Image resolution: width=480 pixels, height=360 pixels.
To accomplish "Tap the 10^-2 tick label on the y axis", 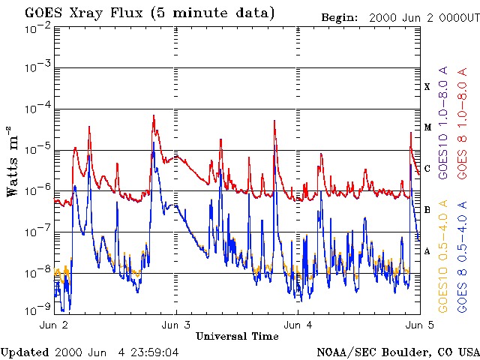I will click(37, 27).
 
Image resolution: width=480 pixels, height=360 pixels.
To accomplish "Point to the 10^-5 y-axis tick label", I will click(37, 150).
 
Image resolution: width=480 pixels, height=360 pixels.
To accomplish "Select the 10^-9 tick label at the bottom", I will click(37, 307).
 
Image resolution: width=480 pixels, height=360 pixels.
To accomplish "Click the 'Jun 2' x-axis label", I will click(55, 325).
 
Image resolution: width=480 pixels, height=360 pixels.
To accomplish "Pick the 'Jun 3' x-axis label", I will click(176, 325).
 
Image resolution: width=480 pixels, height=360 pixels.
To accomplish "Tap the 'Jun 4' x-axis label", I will click(298, 325).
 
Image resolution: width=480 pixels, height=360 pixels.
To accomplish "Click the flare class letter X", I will click(427, 87).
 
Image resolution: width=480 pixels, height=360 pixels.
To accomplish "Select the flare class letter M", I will click(427, 127).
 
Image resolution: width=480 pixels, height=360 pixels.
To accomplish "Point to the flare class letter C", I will click(427, 169).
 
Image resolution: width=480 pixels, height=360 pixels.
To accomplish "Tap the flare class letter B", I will click(427, 210).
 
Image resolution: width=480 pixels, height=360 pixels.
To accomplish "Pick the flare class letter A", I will click(427, 251).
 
